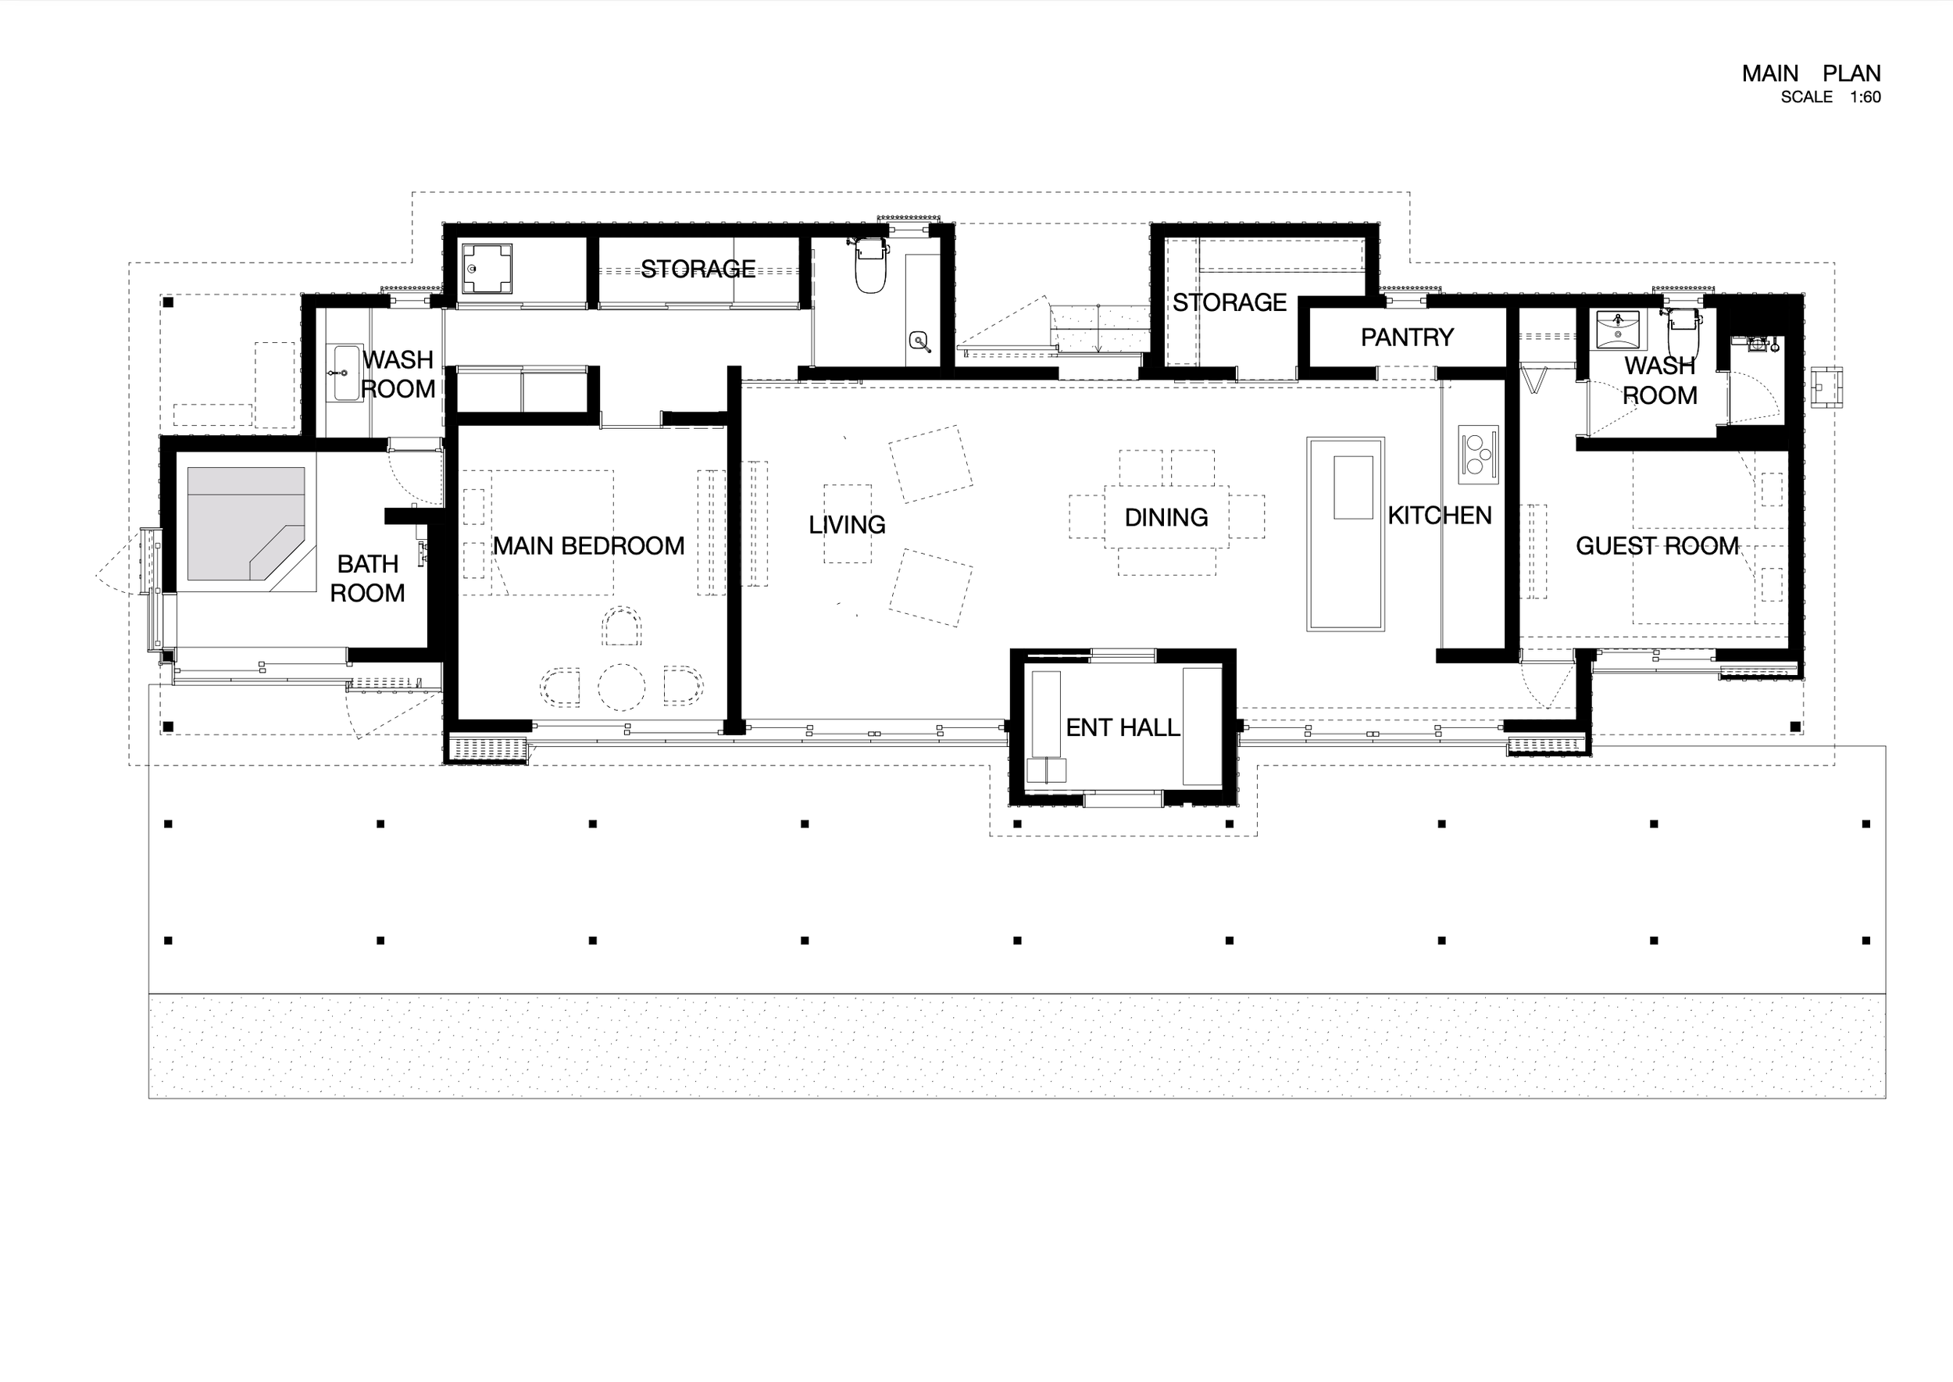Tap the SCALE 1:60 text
(1830, 97)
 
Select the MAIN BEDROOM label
(588, 545)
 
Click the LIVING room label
(847, 524)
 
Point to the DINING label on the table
(1166, 516)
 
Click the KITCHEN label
(1439, 515)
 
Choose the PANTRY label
(1407, 337)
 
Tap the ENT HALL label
(1123, 727)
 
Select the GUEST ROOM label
(1657, 545)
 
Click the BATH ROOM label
(368, 578)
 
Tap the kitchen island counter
(1345, 534)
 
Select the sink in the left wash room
(346, 372)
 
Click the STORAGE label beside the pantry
(1229, 302)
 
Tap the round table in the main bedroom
(621, 687)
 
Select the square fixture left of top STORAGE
(487, 269)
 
